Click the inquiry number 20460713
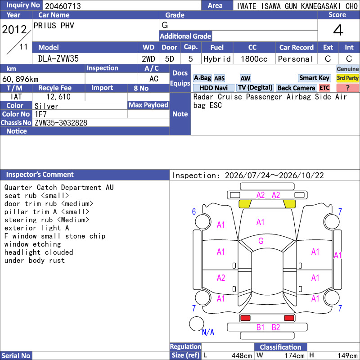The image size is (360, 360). coord(63,6)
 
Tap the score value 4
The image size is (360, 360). coord(338,30)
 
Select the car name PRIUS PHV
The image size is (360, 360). coord(54,26)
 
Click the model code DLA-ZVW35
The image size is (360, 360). coord(58,59)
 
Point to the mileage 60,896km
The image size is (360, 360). coord(20,79)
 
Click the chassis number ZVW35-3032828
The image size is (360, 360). coord(61,123)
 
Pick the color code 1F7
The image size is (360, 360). coord(40,114)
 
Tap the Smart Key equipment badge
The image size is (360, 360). coord(314,78)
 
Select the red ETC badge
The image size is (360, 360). coord(324,88)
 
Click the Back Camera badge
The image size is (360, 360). coord(296,88)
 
